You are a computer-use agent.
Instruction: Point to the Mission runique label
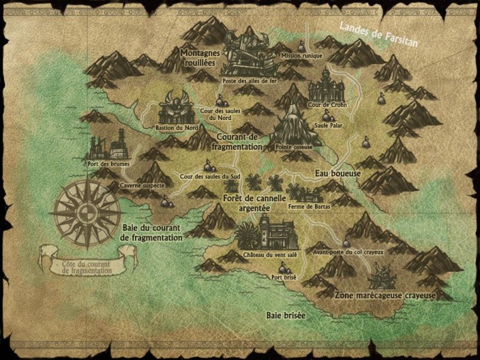pyautogui.click(x=306, y=56)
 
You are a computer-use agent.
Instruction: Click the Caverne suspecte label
pyautogui.click(x=142, y=186)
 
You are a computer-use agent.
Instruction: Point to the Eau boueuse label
pyautogui.click(x=337, y=173)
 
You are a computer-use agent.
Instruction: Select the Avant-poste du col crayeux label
pyautogui.click(x=349, y=252)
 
